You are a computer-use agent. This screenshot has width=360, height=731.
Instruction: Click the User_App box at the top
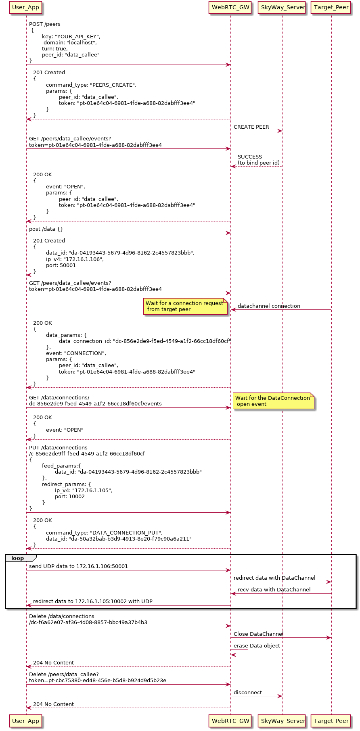pyautogui.click(x=26, y=7)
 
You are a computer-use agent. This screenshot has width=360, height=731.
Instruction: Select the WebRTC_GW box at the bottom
pyautogui.click(x=230, y=721)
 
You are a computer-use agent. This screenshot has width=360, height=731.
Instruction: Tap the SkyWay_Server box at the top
pyautogui.click(x=283, y=7)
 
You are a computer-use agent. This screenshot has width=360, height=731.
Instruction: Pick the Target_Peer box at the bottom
pyautogui.click(x=331, y=721)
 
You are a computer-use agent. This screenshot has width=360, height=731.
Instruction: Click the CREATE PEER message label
pyautogui.click(x=251, y=127)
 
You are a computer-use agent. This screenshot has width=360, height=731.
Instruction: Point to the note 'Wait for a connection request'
pyautogui.click(x=185, y=306)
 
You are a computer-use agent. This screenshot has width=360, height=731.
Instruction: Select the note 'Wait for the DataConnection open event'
pyautogui.click(x=273, y=401)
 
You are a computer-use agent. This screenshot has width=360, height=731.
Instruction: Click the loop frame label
pyautogui.click(x=18, y=558)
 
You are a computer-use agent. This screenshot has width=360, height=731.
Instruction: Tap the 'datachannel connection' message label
pyautogui.click(x=269, y=306)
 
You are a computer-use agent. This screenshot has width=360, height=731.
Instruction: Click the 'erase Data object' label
pyautogui.click(x=257, y=645)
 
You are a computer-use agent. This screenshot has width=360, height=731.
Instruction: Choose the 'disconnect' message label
pyautogui.click(x=248, y=692)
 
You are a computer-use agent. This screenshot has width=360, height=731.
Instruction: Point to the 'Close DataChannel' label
pyautogui.click(x=258, y=634)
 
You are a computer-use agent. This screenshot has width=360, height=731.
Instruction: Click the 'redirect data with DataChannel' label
pyautogui.click(x=274, y=578)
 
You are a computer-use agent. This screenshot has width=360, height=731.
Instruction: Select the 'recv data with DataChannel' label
pyautogui.click(x=274, y=589)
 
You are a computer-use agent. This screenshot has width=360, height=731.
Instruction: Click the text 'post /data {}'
pyautogui.click(x=46, y=229)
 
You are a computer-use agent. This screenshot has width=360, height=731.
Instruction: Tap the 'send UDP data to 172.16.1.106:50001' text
pyautogui.click(x=78, y=566)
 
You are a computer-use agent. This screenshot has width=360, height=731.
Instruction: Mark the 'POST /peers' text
pyautogui.click(x=45, y=24)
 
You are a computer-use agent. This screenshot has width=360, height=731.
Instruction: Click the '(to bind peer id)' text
pyautogui.click(x=258, y=163)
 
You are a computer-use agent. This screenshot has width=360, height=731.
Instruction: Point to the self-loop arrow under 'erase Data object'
pyautogui.click(x=242, y=652)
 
